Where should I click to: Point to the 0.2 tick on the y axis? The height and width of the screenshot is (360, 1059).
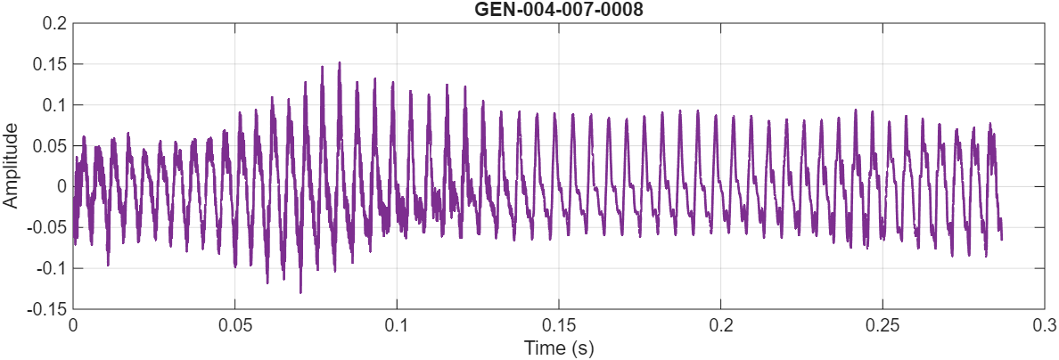55,23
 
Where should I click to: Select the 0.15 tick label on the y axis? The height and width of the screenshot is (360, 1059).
51,64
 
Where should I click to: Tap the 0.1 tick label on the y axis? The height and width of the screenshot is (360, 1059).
55,105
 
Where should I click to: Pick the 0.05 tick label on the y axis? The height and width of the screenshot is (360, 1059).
51,146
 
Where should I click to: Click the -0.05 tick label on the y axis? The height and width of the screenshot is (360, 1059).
48,227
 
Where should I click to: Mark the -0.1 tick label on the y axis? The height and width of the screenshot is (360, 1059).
53,268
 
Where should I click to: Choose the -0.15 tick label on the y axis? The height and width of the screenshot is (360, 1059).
48,309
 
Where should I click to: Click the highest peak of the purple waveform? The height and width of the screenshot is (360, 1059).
340,63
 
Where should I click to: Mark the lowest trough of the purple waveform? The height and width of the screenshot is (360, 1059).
300,291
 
